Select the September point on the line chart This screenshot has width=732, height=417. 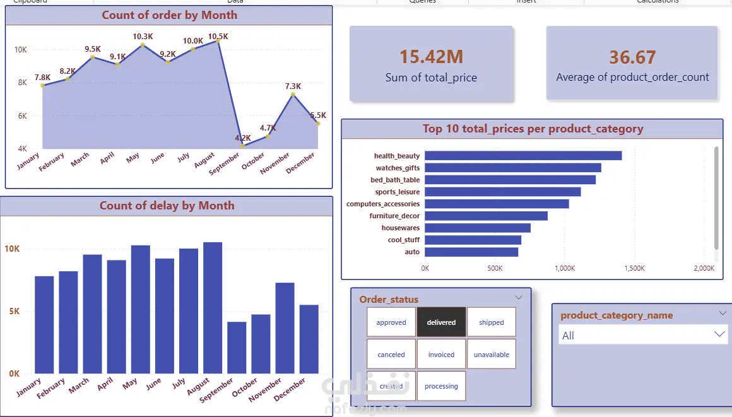point(242,146)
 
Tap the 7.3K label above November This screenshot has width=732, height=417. point(293,86)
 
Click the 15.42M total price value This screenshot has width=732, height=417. point(431,57)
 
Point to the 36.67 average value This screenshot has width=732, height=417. point(632,57)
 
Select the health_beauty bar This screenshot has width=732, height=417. point(523,156)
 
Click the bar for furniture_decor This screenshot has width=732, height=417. point(486,216)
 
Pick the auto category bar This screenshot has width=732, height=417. point(471,252)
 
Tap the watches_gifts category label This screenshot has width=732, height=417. point(398,168)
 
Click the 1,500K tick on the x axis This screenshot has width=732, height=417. point(634,269)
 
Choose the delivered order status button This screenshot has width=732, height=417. point(441,322)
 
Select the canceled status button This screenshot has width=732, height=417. point(391,355)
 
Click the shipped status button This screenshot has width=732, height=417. point(491,322)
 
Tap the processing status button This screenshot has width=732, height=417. point(441,386)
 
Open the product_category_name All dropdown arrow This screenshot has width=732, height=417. point(720,334)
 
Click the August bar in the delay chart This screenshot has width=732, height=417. point(213,308)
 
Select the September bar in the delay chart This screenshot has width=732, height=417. point(237,348)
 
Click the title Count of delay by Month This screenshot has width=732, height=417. point(167,206)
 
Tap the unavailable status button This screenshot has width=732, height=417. point(491,355)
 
